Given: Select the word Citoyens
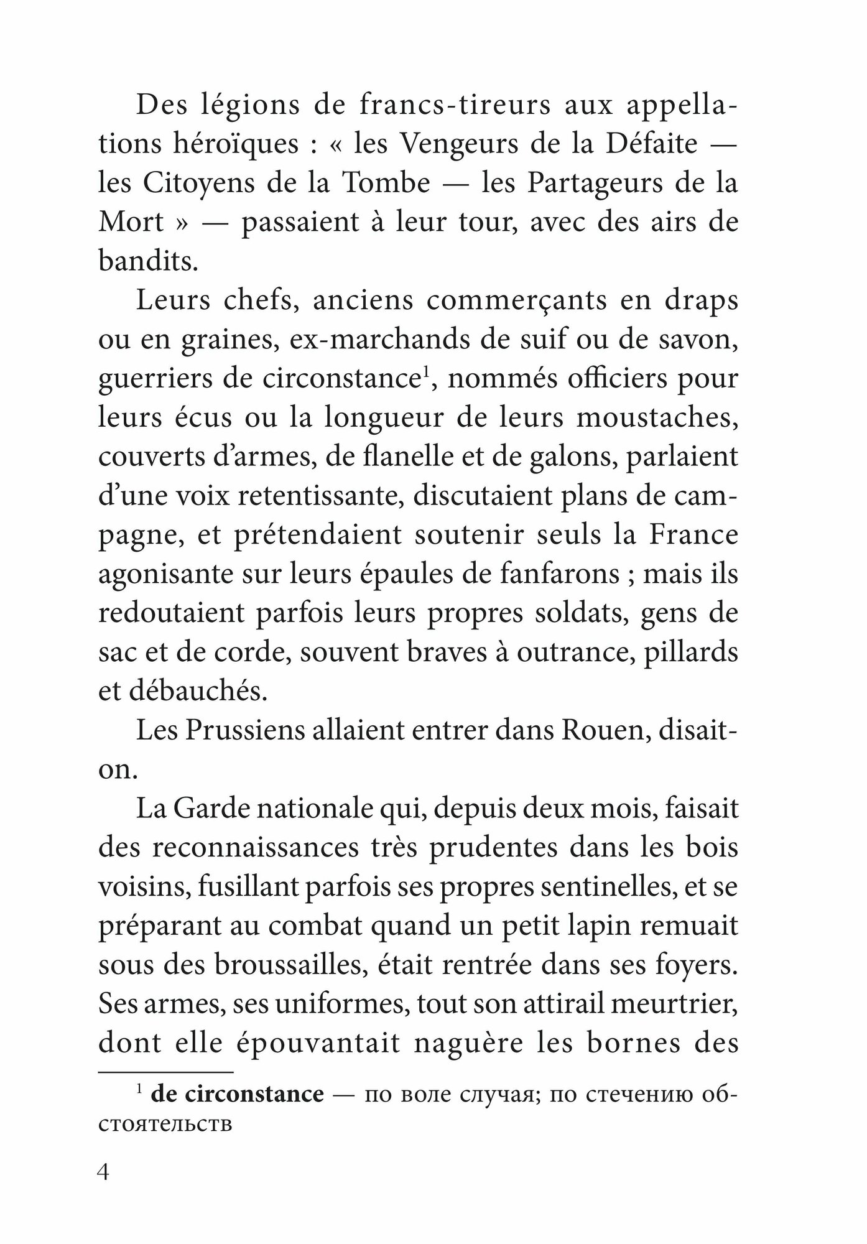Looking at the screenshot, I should (x=193, y=183).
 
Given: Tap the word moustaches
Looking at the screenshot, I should (x=657, y=417).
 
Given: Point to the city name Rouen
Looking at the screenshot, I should (x=607, y=730).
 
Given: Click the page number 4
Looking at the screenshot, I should (x=104, y=1173).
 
